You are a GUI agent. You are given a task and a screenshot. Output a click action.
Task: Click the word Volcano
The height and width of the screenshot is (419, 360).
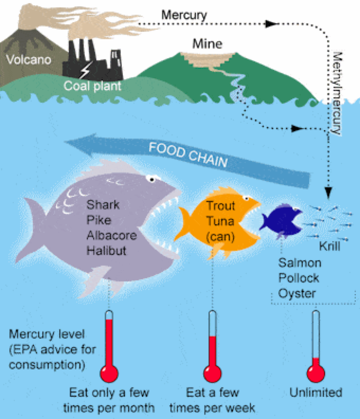click(x=29, y=60)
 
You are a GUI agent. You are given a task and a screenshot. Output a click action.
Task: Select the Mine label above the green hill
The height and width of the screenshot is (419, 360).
click(x=207, y=43)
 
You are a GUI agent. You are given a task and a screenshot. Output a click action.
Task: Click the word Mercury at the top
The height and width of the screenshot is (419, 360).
click(x=185, y=14)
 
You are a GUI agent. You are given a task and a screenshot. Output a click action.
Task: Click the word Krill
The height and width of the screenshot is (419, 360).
click(x=330, y=247)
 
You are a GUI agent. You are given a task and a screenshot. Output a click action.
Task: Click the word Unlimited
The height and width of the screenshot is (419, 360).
click(x=316, y=393)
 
